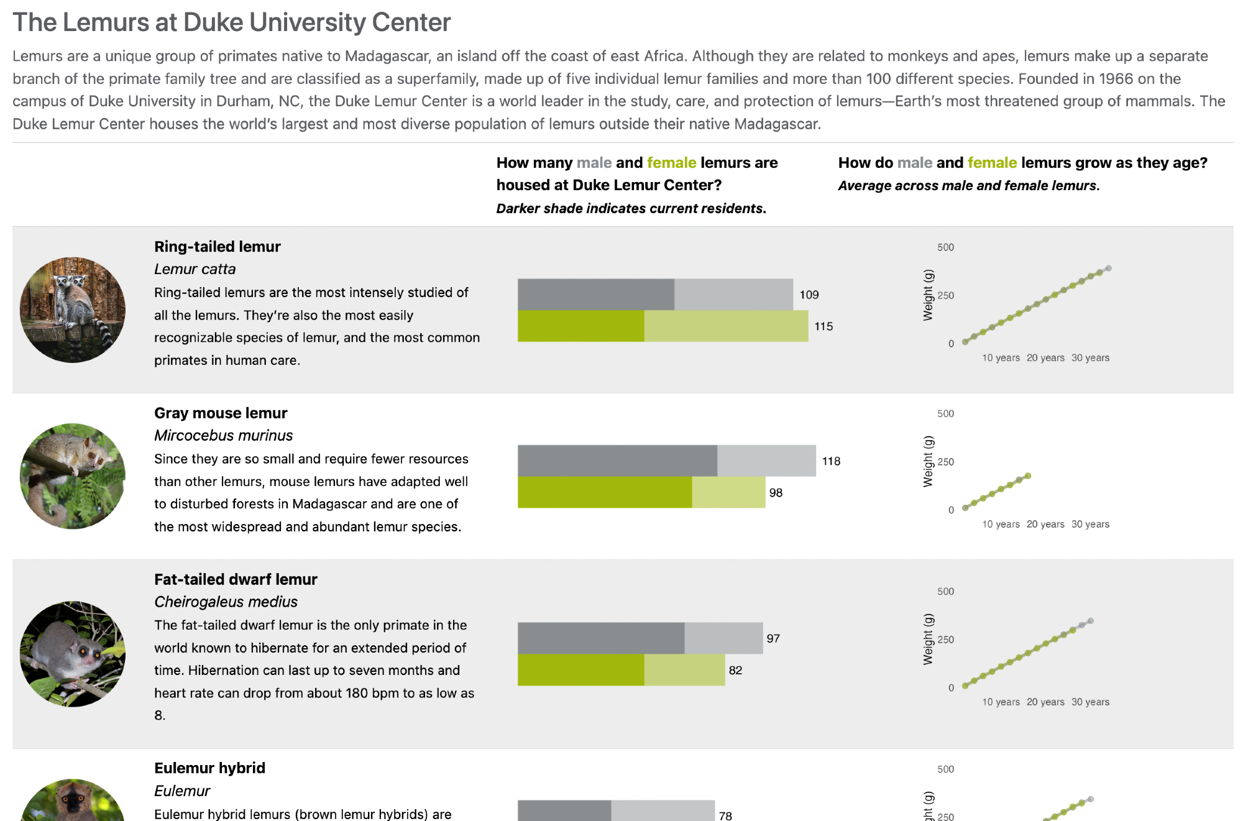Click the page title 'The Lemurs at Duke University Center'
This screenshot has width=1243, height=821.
point(231,22)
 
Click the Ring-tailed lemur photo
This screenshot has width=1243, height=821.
point(73,310)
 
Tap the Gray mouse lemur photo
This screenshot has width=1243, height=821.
point(73,476)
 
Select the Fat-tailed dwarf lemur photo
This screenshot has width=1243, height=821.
point(73,654)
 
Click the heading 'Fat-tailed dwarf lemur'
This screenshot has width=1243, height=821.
point(236,579)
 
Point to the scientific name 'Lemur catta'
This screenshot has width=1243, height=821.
point(195,269)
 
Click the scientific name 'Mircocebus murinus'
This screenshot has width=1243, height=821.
point(223,436)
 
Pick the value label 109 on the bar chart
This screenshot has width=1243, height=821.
point(809,295)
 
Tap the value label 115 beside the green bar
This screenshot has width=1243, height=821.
point(823,326)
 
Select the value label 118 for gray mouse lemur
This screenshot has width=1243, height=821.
point(831,461)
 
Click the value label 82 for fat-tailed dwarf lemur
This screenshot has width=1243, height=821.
point(735,670)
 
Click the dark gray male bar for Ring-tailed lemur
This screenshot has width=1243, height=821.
point(595,295)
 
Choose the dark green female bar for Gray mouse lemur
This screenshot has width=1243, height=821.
point(604,492)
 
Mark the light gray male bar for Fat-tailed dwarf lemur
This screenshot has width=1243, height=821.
point(723,638)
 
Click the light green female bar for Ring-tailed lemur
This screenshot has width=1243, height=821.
point(726,326)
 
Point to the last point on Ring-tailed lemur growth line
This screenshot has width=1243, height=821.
point(1108,268)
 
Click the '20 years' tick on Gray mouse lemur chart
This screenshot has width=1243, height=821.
point(1045,524)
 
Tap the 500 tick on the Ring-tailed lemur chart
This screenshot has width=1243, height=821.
point(945,247)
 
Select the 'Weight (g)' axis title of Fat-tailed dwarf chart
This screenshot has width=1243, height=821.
point(928,639)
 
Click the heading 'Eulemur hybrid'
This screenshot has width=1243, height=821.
point(209,768)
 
